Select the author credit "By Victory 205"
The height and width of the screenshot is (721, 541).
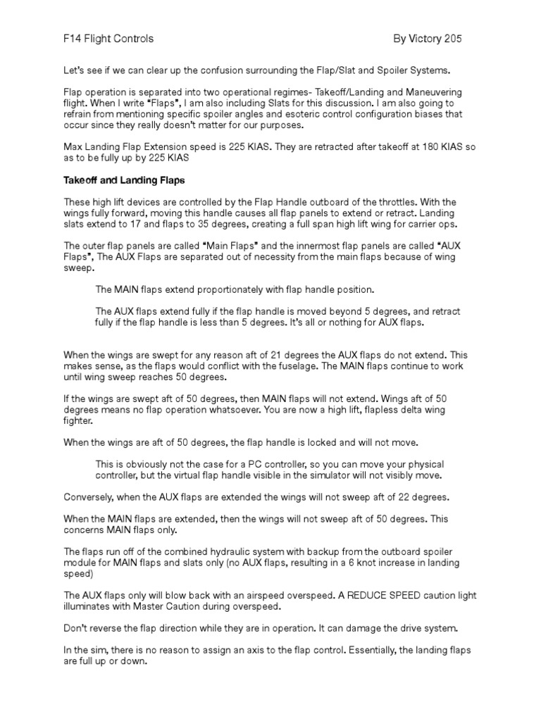coord(428,39)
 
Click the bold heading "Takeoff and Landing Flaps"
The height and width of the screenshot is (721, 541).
coord(124,180)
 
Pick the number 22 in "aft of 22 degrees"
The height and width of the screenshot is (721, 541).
coord(393,497)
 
